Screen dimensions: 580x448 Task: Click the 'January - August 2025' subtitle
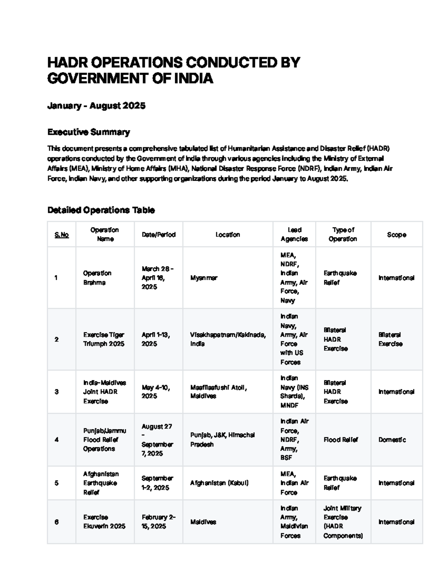pyautogui.click(x=96, y=106)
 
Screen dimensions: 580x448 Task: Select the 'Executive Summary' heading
pyautogui.click(x=88, y=132)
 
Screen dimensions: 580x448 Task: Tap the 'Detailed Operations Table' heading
pyautogui.click(x=101, y=210)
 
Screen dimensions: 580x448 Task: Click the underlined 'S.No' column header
pyautogui.click(x=62, y=235)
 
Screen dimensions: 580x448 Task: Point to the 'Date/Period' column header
pyautogui.click(x=158, y=235)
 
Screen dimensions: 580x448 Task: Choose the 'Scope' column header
pyautogui.click(x=396, y=235)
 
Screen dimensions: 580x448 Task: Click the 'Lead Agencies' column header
pyautogui.click(x=294, y=235)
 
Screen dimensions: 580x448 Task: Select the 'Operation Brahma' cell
pyautogui.click(x=97, y=278)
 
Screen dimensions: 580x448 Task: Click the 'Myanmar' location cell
pyautogui.click(x=204, y=278)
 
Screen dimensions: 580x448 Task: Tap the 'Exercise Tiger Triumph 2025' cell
pyautogui.click(x=104, y=339)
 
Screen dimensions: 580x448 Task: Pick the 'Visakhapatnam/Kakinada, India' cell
pyautogui.click(x=228, y=339)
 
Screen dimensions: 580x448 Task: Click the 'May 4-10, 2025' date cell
pyautogui.click(x=156, y=392)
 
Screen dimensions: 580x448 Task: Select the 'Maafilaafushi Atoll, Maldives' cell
pyautogui.click(x=218, y=392)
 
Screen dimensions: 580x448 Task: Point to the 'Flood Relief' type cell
pyautogui.click(x=340, y=440)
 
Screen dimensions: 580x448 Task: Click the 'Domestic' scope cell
pyautogui.click(x=392, y=440)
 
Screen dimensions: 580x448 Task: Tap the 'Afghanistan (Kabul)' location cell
pyautogui.click(x=219, y=483)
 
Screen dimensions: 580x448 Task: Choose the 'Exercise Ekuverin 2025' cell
pyautogui.click(x=104, y=522)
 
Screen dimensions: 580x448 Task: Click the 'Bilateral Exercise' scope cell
pyautogui.click(x=390, y=339)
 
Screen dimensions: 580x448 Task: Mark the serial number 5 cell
pyautogui.click(x=56, y=483)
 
